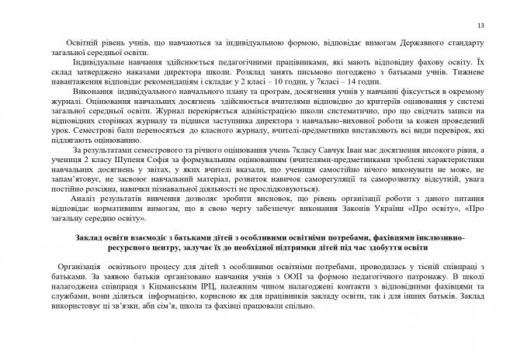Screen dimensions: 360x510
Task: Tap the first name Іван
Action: [x=330, y=149]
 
